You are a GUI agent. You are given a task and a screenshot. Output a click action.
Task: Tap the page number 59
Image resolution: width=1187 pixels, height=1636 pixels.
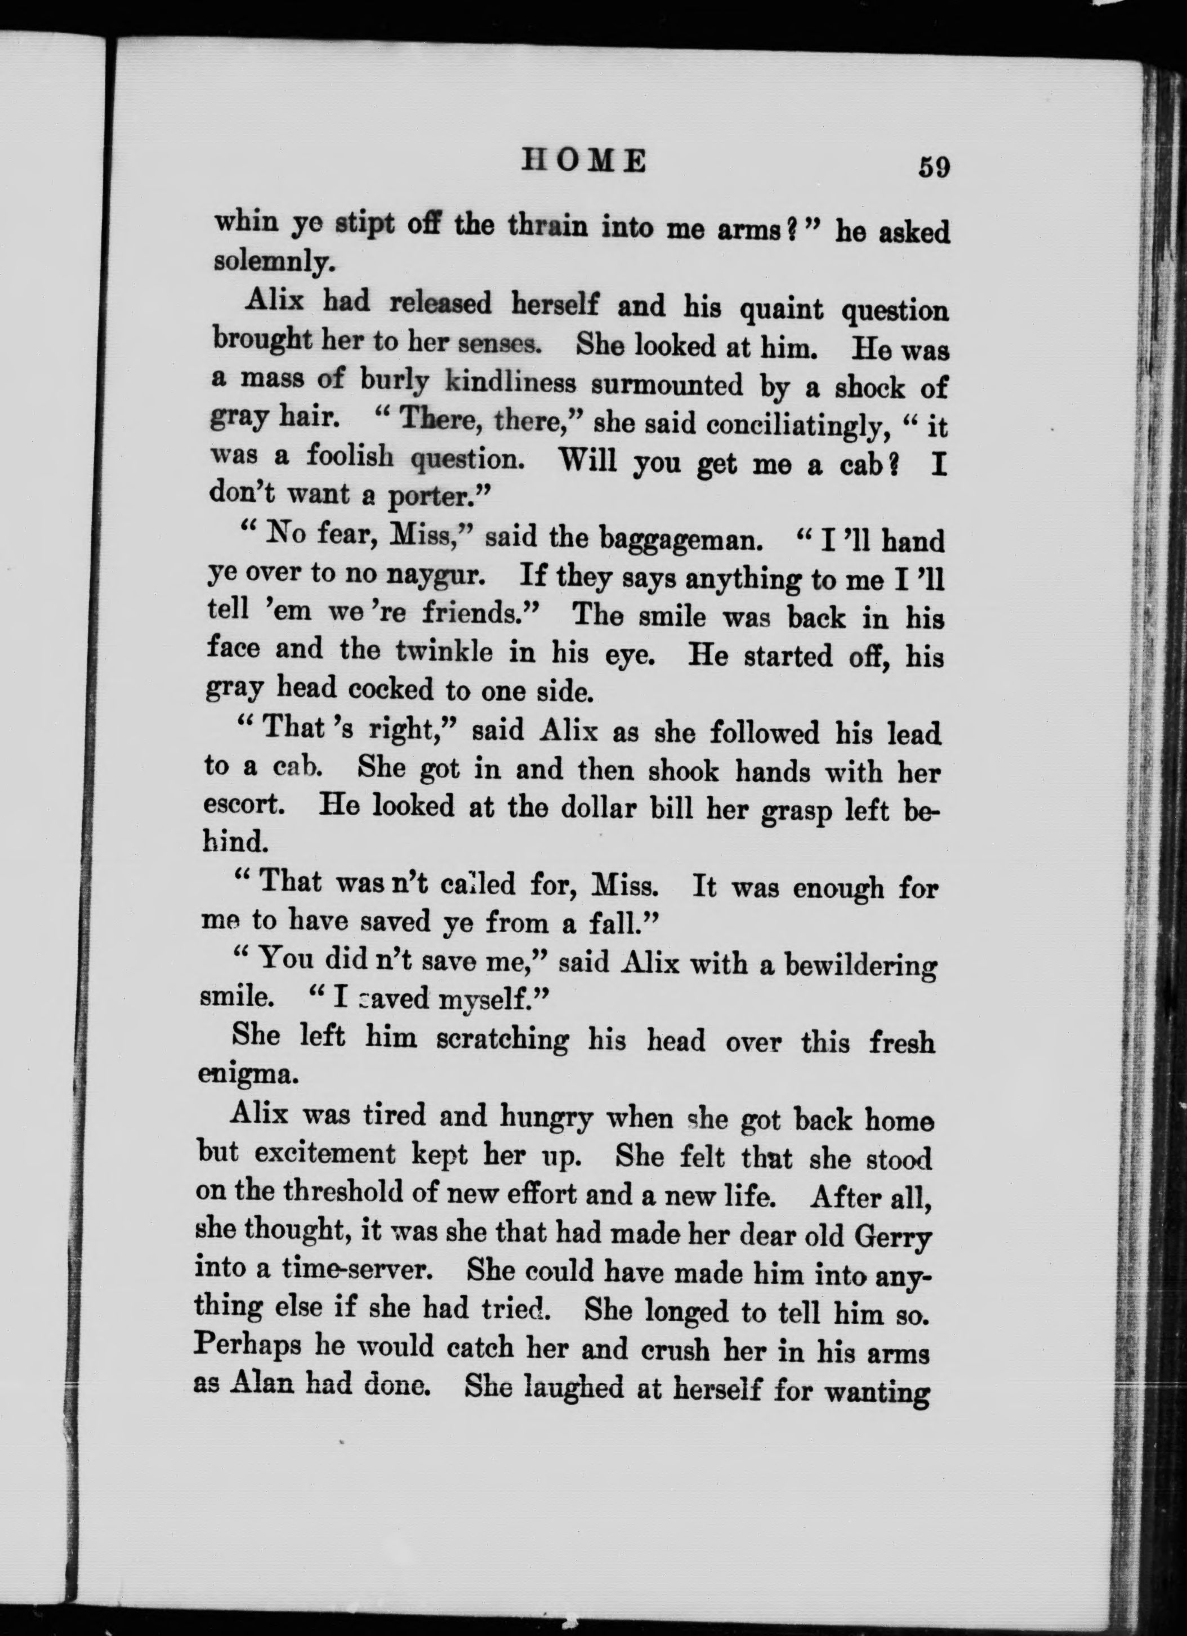[933, 167]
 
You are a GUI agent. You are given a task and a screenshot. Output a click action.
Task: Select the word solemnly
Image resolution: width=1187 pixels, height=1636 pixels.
[274, 262]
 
